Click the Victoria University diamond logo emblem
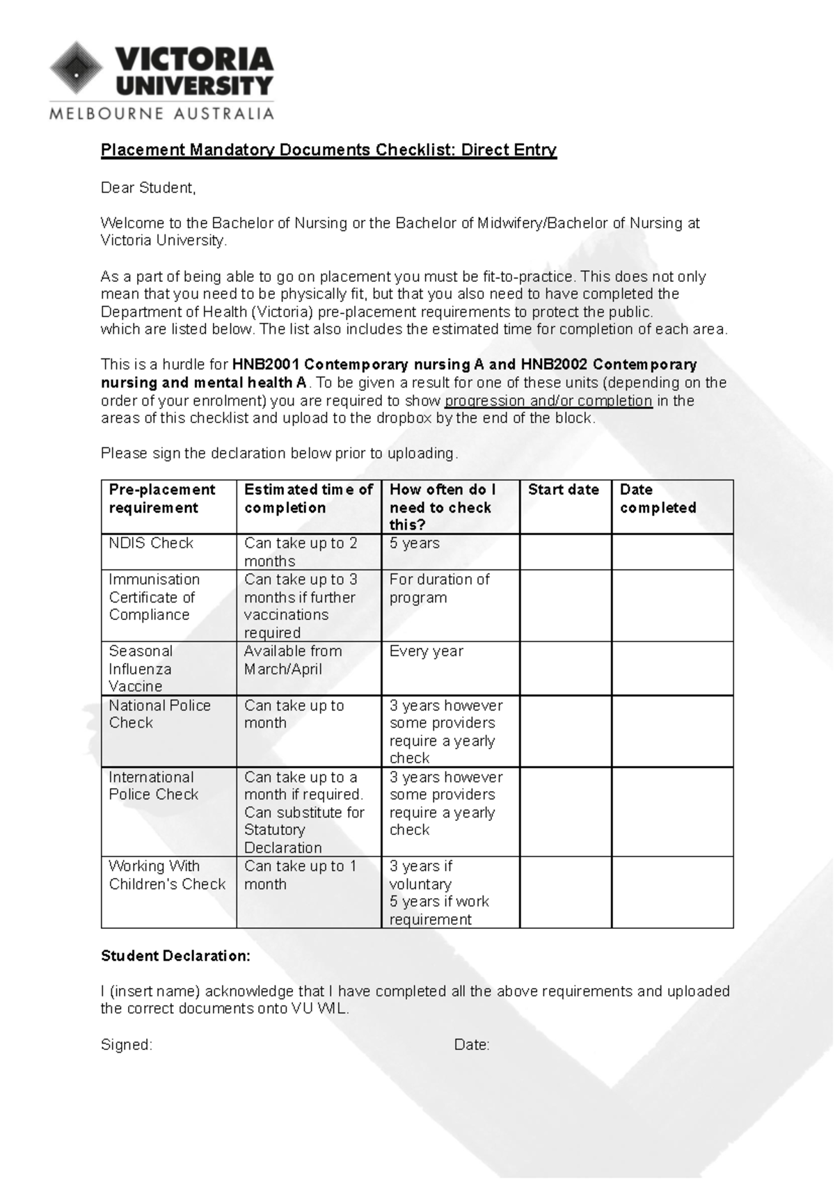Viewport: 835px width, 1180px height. [x=76, y=68]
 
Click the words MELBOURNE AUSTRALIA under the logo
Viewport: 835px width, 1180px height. [x=161, y=113]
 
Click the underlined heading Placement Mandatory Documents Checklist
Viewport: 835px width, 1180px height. [x=328, y=150]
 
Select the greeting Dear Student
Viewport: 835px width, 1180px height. [x=148, y=188]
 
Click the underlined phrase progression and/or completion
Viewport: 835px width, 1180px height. [x=548, y=401]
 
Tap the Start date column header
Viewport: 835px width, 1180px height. [x=563, y=490]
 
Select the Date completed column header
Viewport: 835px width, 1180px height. [x=658, y=499]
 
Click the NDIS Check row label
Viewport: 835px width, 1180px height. [x=151, y=543]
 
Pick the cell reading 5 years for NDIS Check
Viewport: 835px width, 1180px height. [x=415, y=543]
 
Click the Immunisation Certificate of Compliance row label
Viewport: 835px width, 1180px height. [x=154, y=597]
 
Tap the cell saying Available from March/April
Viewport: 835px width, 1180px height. [x=293, y=660]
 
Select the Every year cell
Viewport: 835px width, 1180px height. [x=426, y=651]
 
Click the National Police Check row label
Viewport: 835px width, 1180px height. [x=159, y=714]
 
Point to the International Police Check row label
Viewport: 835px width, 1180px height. [x=153, y=786]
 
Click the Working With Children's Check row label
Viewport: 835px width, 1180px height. [x=167, y=875]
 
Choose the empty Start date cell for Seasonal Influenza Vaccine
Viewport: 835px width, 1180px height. [x=565, y=668]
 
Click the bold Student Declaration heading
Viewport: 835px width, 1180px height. [x=175, y=956]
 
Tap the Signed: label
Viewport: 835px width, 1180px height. [x=127, y=1045]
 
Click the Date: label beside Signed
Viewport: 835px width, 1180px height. [x=472, y=1045]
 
